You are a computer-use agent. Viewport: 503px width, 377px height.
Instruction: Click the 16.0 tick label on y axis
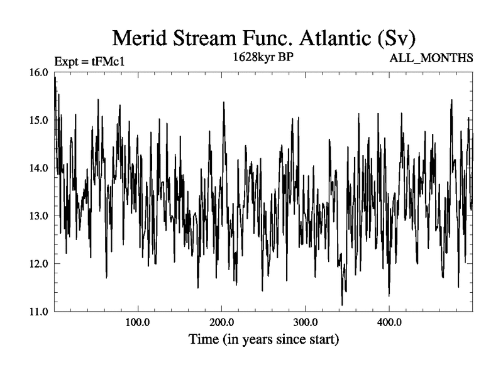pos(39,72)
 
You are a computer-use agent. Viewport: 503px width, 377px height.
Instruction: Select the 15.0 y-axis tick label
pos(39,120)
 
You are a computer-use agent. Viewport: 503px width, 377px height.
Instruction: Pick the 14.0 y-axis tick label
pos(39,168)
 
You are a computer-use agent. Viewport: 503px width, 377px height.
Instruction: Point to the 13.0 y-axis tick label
pos(39,216)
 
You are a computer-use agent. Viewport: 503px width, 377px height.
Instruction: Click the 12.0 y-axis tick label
pos(39,264)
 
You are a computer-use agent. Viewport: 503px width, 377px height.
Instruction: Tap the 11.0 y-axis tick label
pos(39,312)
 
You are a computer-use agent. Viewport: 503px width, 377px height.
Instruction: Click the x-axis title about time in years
pos(264,341)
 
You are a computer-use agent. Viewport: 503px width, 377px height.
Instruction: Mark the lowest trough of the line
pos(342,305)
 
